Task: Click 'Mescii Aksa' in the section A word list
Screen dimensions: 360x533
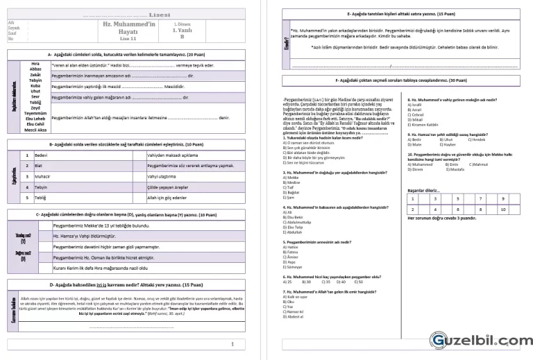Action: tap(36, 130)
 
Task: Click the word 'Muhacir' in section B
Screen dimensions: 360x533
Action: tap(42, 177)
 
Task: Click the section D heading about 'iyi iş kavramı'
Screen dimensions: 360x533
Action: tap(126, 284)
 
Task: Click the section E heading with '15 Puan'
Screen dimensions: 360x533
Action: tap(400, 14)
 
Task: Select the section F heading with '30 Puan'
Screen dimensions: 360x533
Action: tap(400, 80)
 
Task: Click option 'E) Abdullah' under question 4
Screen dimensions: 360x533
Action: tap(296, 232)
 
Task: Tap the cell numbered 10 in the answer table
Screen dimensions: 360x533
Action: tap(502, 209)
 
